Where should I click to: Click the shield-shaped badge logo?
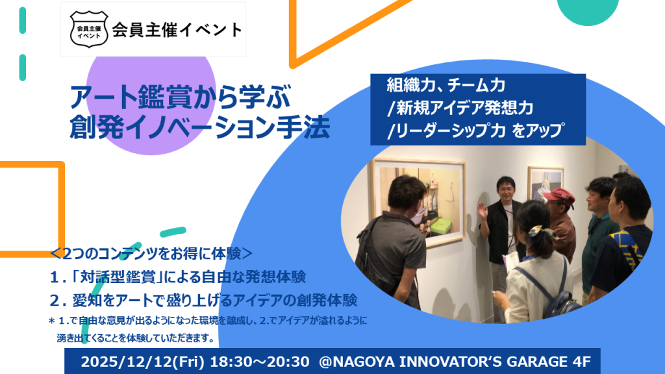88,29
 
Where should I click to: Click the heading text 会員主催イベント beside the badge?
177,30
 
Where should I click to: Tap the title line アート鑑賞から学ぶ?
181,97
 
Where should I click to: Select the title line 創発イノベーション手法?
200,127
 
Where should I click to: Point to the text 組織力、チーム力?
445,85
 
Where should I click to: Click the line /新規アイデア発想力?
460,108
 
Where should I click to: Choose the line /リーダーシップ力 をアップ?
475,131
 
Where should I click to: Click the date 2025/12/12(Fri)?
142,362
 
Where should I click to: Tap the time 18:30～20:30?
260,362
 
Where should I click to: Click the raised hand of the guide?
483,210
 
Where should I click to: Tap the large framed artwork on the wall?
418,201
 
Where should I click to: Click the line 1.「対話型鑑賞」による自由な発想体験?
178,277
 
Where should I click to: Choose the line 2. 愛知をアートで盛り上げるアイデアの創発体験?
203,300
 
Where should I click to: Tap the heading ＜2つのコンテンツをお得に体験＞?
151,254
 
